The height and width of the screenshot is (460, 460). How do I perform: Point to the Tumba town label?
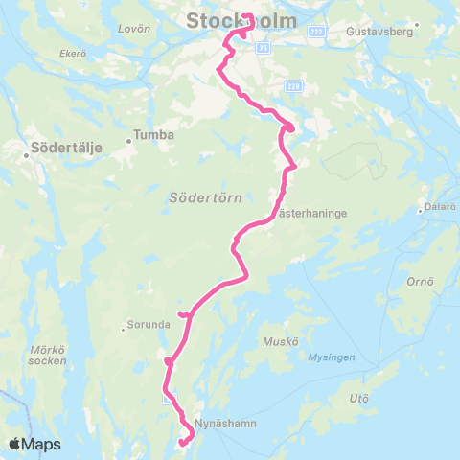[155, 135]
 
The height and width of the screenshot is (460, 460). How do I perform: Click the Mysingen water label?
[333, 356]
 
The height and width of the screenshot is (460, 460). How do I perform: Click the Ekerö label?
[73, 54]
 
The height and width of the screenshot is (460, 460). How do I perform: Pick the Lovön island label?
[127, 29]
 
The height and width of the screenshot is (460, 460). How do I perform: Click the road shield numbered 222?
[318, 32]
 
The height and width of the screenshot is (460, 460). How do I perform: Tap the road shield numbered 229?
[293, 86]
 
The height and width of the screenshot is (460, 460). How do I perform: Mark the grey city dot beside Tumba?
[130, 143]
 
